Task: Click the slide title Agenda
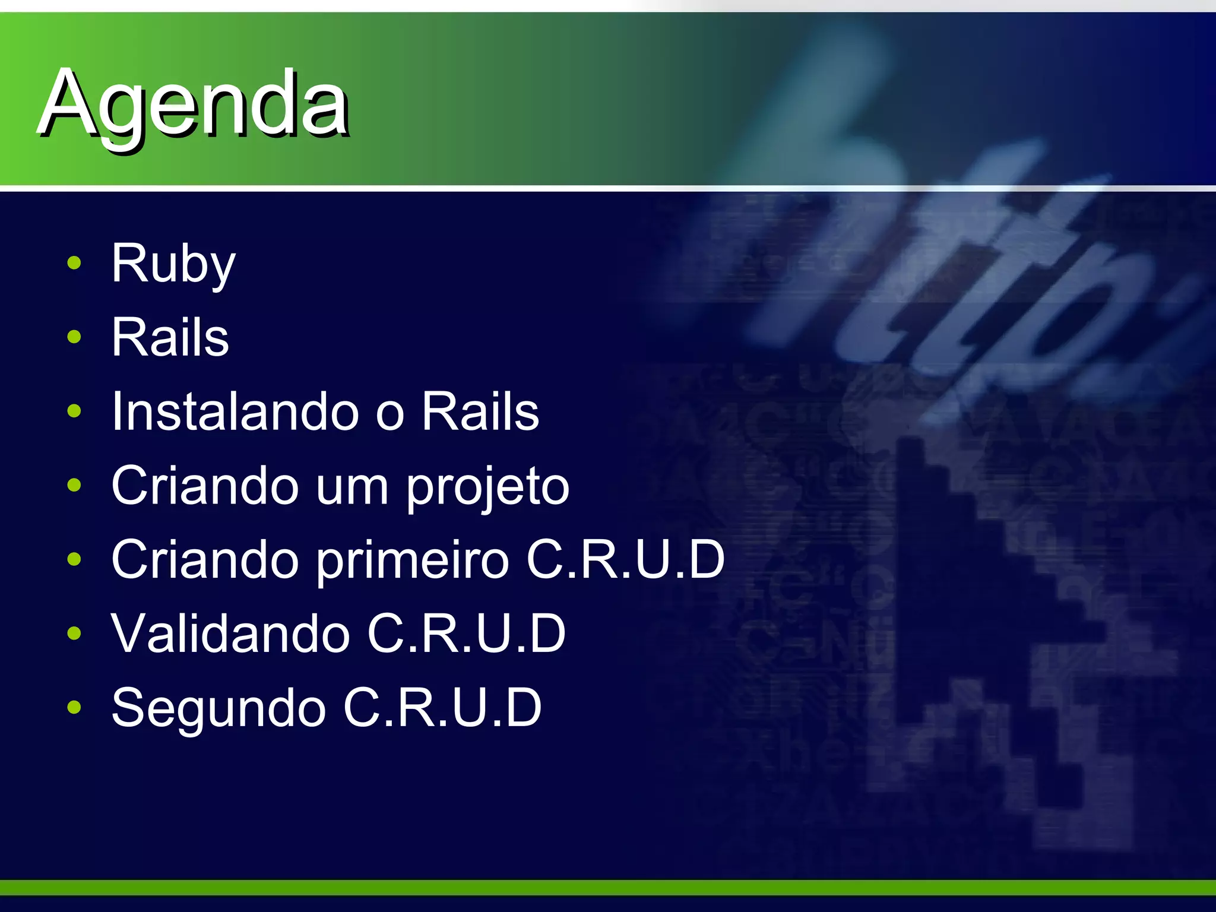click(194, 104)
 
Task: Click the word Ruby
click(173, 264)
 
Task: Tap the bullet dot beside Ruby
click(74, 263)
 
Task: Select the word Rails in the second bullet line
click(170, 337)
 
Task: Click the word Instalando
click(235, 411)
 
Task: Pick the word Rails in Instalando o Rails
click(480, 411)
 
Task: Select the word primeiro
click(413, 560)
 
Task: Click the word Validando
click(231, 633)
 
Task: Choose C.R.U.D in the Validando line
click(466, 633)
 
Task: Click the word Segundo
click(218, 708)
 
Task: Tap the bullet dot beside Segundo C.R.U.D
click(74, 707)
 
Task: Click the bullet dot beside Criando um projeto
click(74, 485)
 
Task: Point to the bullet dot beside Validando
click(74, 633)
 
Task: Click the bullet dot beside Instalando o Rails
click(74, 411)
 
